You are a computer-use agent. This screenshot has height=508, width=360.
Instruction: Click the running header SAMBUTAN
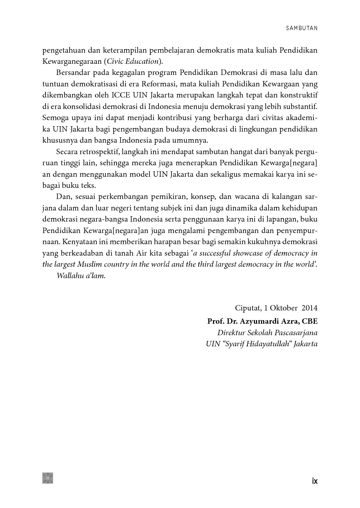pyautogui.click(x=302, y=28)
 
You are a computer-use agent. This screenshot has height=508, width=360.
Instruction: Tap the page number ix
pyautogui.click(x=314, y=481)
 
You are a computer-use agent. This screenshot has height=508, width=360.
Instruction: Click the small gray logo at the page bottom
pyautogui.click(x=48, y=478)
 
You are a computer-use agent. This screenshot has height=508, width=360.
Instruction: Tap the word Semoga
pyautogui.click(x=54, y=118)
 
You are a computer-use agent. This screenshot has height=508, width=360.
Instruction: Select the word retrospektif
pyautogui.click(x=98, y=152)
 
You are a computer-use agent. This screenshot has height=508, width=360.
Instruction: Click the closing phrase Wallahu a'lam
pyautogui.click(x=81, y=276)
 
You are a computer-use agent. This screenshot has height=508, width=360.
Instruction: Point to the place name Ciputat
pyautogui.click(x=247, y=308)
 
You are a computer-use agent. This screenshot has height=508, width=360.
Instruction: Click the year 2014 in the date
pyautogui.click(x=309, y=308)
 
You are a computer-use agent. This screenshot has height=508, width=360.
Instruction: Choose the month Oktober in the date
pyautogui.click(x=284, y=308)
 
